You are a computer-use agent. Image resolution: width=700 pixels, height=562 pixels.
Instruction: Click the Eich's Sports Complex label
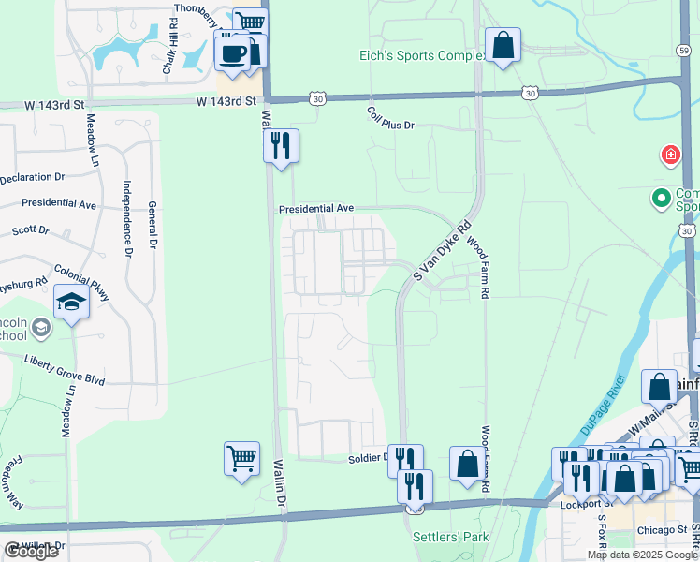pyautogui.click(x=423, y=55)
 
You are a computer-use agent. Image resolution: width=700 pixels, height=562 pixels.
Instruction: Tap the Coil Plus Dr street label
pyautogui.click(x=389, y=124)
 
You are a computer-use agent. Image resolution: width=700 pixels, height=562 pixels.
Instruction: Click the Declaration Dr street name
pyautogui.click(x=32, y=176)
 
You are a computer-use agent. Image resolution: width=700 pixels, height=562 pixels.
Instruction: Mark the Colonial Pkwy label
pyautogui.click(x=81, y=282)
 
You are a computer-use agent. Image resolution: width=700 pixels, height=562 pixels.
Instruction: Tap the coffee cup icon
pyautogui.click(x=232, y=52)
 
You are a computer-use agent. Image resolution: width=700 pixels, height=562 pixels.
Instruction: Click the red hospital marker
pyautogui.click(x=670, y=155)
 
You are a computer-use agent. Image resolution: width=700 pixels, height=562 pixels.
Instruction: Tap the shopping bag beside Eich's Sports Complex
pyautogui.click(x=503, y=44)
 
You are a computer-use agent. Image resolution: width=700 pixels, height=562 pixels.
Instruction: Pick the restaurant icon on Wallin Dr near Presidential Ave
pyautogui.click(x=281, y=145)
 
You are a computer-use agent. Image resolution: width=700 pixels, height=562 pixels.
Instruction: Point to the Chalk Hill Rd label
pyautogui.click(x=169, y=52)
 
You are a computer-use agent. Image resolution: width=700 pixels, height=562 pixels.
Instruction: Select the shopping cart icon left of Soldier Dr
pyautogui.click(x=241, y=459)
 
